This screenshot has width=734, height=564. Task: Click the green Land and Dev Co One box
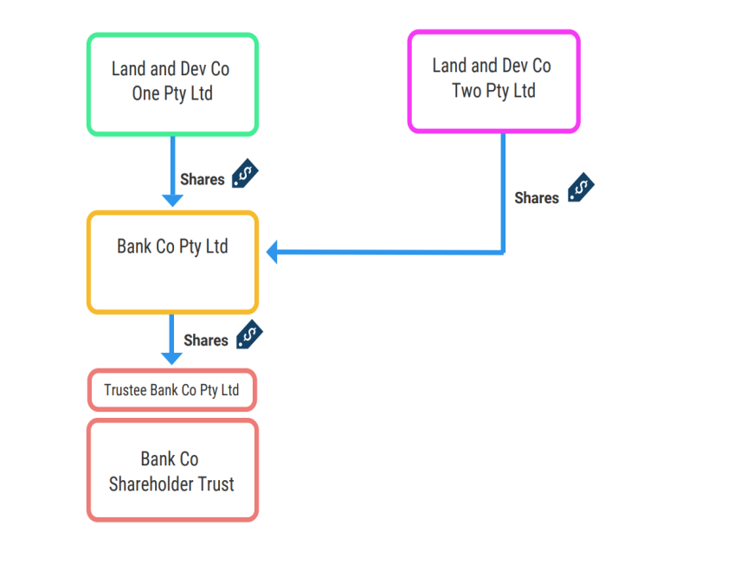coord(172,84)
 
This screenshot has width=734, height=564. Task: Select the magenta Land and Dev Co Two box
coord(493,81)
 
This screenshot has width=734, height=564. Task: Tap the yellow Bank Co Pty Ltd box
coord(172,262)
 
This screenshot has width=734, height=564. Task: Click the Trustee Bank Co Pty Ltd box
coord(172,390)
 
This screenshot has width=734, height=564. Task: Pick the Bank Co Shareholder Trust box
coord(172,471)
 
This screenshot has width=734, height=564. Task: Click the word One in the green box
coord(145,94)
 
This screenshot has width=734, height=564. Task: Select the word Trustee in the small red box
coord(126,390)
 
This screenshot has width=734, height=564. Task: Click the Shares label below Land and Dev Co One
coord(202,180)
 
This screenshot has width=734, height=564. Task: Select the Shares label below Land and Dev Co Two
coord(537,198)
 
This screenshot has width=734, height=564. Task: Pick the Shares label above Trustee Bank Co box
coord(206,341)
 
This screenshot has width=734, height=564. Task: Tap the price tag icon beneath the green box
coord(244,174)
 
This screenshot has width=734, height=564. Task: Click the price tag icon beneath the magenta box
coord(581,189)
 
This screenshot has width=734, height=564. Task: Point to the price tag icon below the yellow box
coord(248,334)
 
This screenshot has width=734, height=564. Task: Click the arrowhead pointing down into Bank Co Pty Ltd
coord(173,200)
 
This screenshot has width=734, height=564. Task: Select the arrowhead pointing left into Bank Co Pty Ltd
coord(272,253)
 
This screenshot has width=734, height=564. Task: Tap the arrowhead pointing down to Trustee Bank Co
coord(172,357)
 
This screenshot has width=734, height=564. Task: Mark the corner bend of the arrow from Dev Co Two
coord(503,252)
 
